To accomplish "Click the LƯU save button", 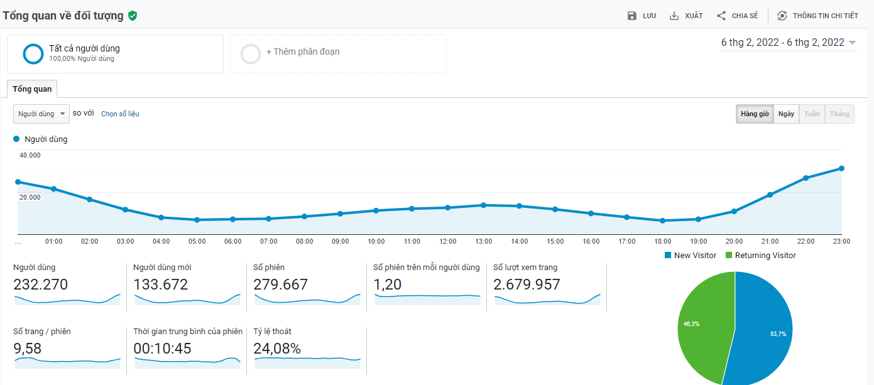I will [x=642, y=16].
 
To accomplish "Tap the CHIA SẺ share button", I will [x=738, y=16].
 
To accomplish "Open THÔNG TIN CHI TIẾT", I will [x=817, y=16].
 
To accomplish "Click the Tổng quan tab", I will [x=32, y=89].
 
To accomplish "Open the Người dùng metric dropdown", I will [x=41, y=114].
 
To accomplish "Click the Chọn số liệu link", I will [x=120, y=114].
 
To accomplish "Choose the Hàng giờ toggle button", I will [x=755, y=114].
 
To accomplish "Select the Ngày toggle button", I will [x=786, y=114].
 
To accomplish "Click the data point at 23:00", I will [x=841, y=168].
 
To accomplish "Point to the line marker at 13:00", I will [x=483, y=205].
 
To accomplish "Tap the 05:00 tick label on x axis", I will [x=197, y=241].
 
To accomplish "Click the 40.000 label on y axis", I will [x=30, y=155].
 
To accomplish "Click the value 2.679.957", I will [x=527, y=285].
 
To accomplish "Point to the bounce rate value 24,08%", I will [x=277, y=349].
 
